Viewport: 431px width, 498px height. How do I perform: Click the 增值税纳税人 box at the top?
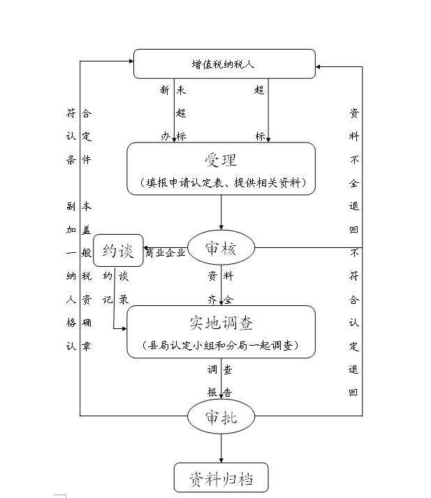pos(224,64)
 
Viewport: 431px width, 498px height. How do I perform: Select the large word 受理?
pos(221,160)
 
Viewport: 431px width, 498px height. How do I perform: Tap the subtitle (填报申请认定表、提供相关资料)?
pos(221,183)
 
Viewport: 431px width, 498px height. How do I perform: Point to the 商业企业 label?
pos(166,253)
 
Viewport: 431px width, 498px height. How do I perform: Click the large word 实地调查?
pos(221,323)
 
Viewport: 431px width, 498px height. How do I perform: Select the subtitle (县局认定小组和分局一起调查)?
pos(221,345)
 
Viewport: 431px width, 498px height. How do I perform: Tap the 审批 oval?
pos(221,417)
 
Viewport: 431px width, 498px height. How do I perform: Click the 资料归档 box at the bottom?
pos(221,479)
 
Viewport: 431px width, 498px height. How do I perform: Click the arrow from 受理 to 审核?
pos(221,212)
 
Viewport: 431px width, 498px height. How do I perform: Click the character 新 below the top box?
pos(164,90)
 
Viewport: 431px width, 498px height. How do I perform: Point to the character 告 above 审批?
pos(228,392)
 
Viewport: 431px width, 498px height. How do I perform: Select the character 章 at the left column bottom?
pos(87,346)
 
